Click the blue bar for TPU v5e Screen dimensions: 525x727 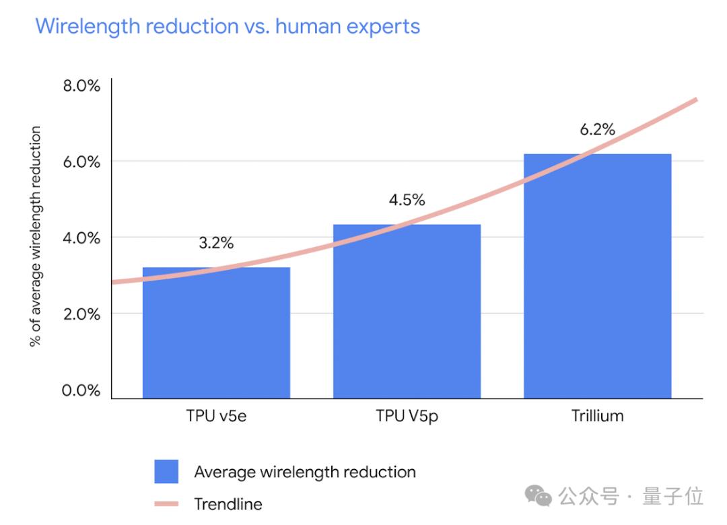(x=216, y=333)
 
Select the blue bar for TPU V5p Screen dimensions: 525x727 (x=407, y=312)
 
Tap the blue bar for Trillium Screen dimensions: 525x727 (x=597, y=276)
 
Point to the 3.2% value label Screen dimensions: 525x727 (x=216, y=243)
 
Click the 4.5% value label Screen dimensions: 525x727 (x=407, y=200)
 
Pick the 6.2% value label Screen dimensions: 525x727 (x=597, y=129)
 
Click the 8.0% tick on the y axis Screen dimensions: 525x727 (x=81, y=86)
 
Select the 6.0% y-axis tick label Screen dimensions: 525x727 (x=81, y=162)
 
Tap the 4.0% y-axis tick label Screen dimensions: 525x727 (x=81, y=238)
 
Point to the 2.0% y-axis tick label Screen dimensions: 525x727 (x=81, y=314)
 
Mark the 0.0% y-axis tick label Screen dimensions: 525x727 (x=81, y=390)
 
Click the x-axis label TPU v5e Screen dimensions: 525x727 (x=217, y=416)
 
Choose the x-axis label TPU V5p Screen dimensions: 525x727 (x=407, y=416)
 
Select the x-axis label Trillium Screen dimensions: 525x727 (x=597, y=416)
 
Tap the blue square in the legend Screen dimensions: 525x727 (x=166, y=472)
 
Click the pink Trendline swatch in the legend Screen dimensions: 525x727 (x=166, y=503)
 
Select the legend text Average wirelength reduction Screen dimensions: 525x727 (x=304, y=472)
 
